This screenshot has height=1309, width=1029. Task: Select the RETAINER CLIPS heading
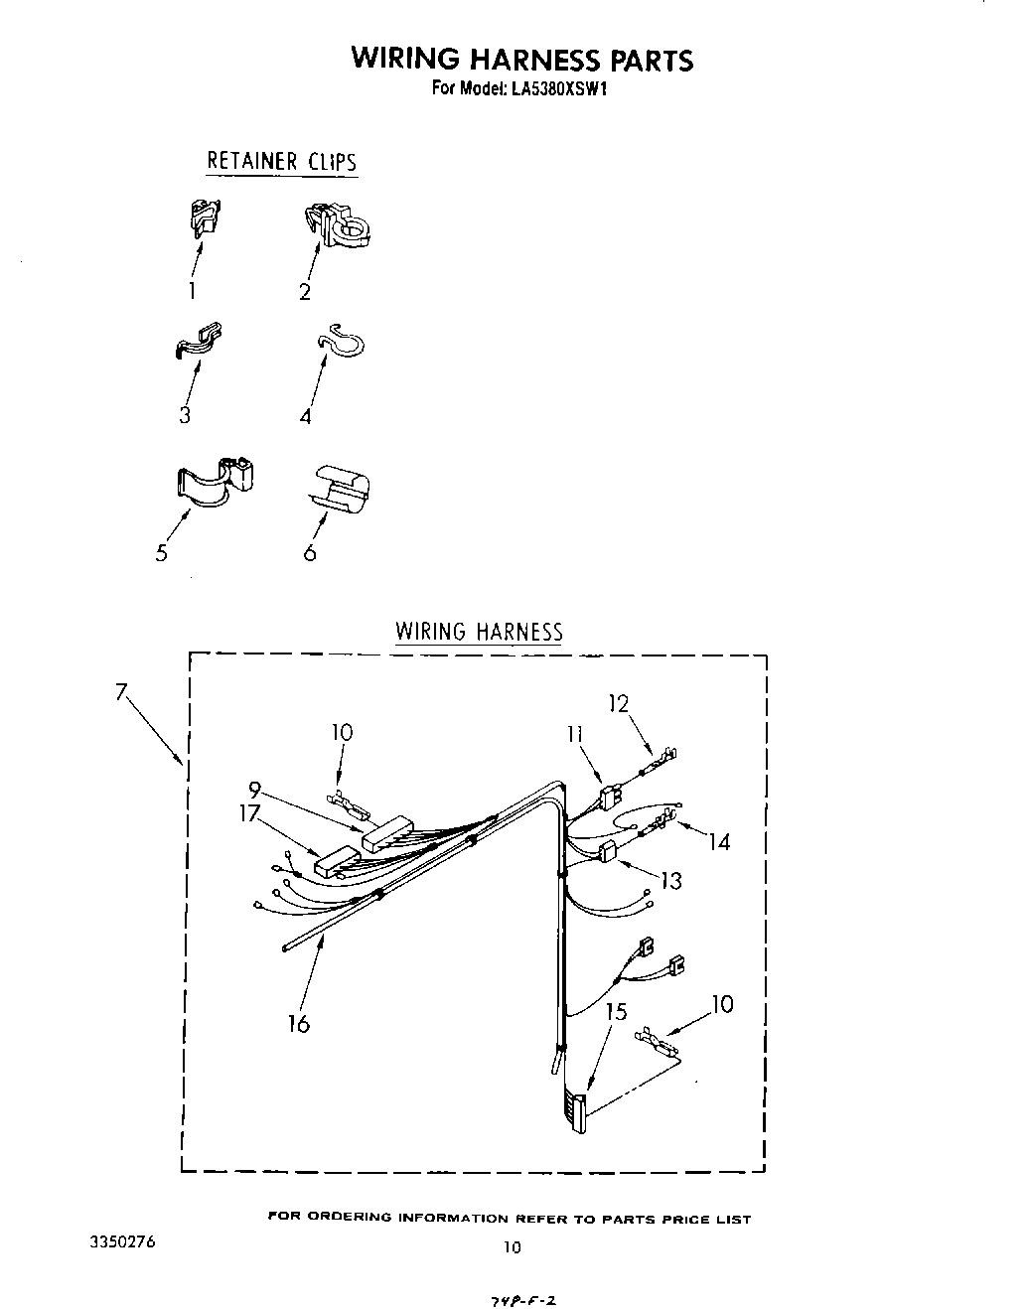[281, 161]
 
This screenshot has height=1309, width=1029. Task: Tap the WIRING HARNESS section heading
[479, 632]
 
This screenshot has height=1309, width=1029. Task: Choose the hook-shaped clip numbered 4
[341, 343]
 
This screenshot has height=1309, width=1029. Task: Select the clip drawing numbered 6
[340, 486]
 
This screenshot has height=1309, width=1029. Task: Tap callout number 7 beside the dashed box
[122, 693]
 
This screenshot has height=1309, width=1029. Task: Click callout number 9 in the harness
[254, 792]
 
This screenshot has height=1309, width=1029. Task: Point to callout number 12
[619, 703]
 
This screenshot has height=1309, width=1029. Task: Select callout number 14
[719, 842]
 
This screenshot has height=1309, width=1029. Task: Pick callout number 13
[671, 880]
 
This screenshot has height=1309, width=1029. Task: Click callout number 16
[299, 1023]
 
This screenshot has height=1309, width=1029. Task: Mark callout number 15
[617, 1011]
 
